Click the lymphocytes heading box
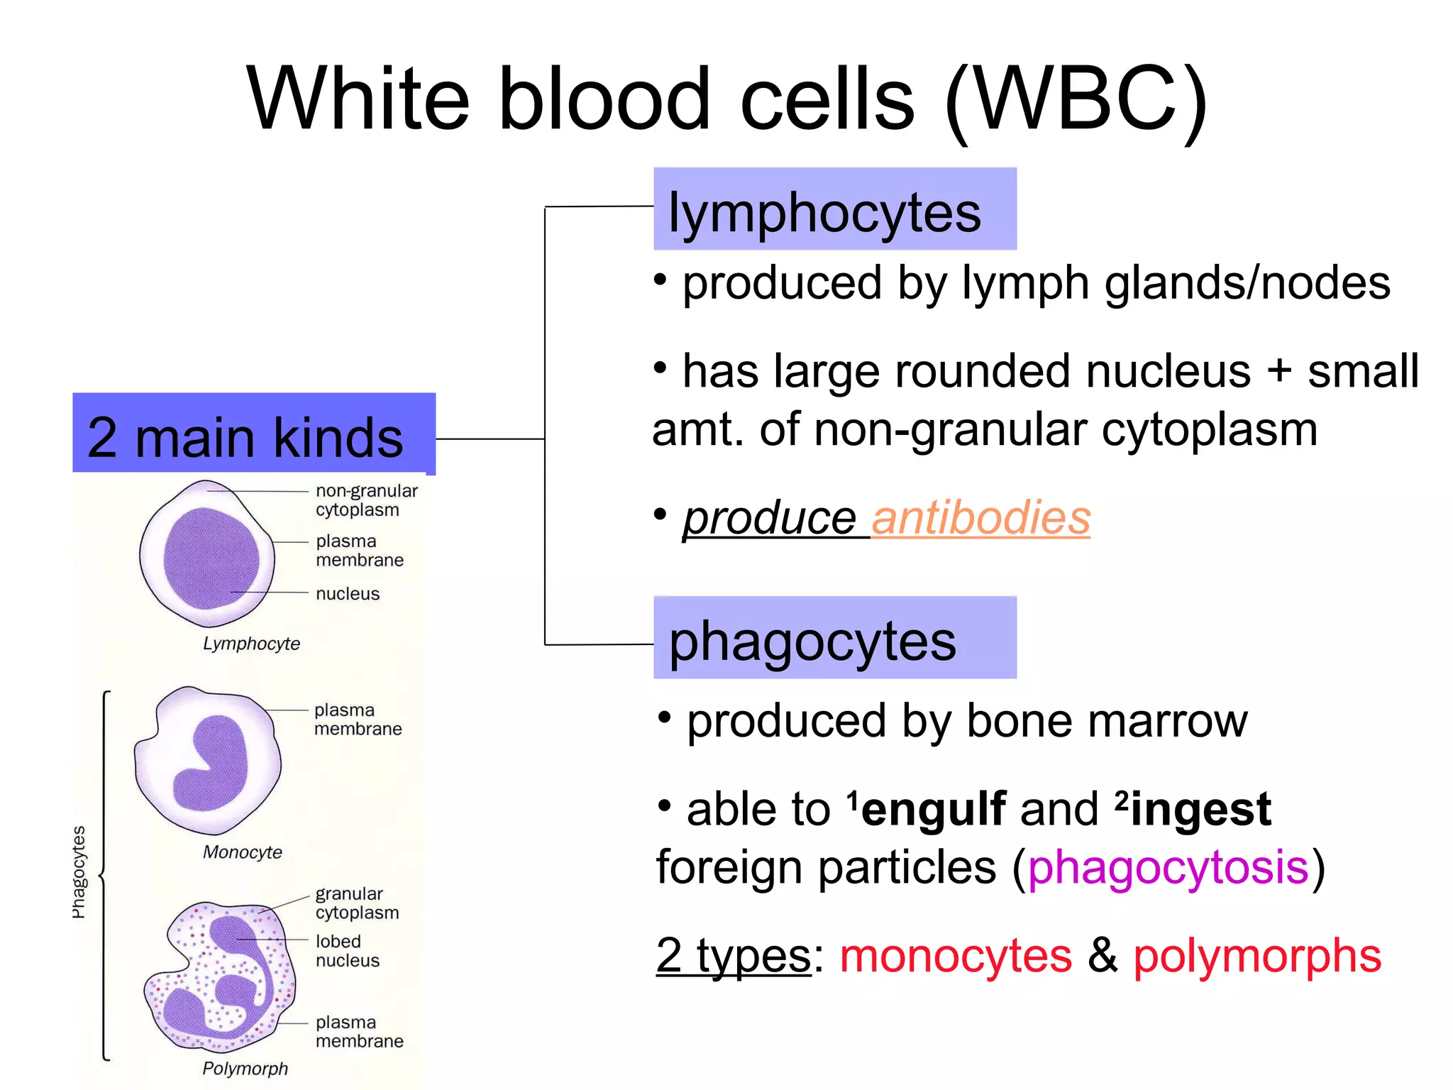(834, 209)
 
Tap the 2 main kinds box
(253, 434)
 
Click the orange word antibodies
(980, 518)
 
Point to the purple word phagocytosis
(1167, 867)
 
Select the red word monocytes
(955, 955)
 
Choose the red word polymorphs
(1256, 955)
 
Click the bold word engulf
(934, 809)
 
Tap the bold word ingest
(1200, 809)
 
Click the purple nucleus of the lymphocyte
(211, 558)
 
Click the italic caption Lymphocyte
(251, 644)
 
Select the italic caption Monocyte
(242, 852)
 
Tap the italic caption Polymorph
(245, 1069)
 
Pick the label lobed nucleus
(347, 951)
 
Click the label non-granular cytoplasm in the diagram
(365, 500)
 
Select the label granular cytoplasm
(356, 903)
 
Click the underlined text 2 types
(733, 955)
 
